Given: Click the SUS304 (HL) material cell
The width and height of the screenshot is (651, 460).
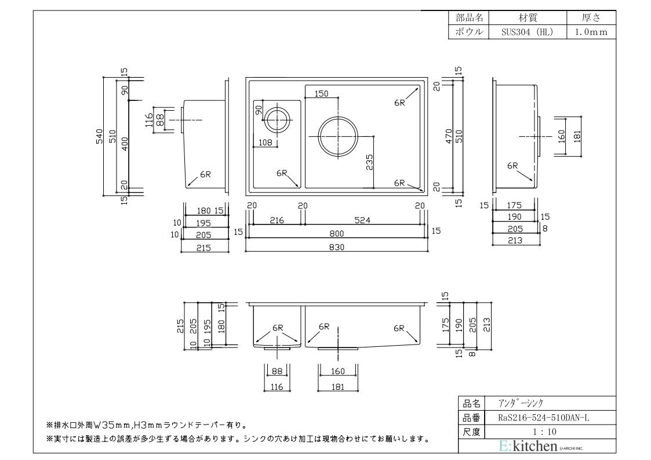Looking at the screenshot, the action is [528, 32].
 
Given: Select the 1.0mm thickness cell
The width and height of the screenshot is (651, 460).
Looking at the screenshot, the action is [591, 32].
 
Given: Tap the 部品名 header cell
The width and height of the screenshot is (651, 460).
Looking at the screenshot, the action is [469, 18].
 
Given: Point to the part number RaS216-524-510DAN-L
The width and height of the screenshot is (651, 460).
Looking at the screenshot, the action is [544, 418].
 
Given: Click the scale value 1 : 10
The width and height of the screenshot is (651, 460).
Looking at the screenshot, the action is [545, 432].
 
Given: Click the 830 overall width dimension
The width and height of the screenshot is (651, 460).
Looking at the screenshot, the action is [337, 247].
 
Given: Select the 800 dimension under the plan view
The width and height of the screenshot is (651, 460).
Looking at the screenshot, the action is [337, 234].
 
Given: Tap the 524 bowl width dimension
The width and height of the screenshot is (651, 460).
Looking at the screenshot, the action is [362, 220].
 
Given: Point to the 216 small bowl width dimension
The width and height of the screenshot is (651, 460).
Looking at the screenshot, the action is [277, 220].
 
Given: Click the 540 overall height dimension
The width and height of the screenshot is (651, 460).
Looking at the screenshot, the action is [99, 137].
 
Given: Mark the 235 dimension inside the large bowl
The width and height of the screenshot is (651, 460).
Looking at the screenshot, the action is [369, 162].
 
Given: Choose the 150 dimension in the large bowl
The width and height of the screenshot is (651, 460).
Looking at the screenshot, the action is [321, 93].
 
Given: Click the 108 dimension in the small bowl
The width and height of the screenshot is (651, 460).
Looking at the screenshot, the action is [266, 143].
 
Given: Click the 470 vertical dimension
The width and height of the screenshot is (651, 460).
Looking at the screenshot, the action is [449, 137].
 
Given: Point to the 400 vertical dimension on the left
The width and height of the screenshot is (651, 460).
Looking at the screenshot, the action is [125, 144].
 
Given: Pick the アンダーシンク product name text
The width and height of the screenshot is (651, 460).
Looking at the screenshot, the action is [521, 403].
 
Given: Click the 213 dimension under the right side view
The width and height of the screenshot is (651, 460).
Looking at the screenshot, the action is [515, 240].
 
